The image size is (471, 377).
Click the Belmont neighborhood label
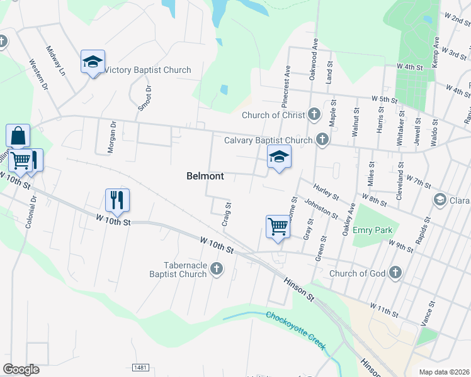click(205, 176)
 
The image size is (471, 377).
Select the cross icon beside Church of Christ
click(315, 114)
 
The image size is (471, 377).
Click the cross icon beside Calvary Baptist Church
click(322, 139)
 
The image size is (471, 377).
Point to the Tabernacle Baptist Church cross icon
click(216, 269)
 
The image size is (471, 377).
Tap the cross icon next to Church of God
click(395, 273)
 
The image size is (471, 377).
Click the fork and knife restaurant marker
click(117, 200)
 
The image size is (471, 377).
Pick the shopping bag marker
click(18, 136)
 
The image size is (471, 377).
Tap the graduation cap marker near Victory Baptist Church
click(93, 62)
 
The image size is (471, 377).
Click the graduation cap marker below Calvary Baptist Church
click(279, 157)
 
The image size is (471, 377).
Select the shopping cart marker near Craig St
click(278, 226)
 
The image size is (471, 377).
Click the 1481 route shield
click(141, 367)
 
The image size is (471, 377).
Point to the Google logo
click(21, 369)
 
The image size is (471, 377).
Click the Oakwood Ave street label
click(313, 57)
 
